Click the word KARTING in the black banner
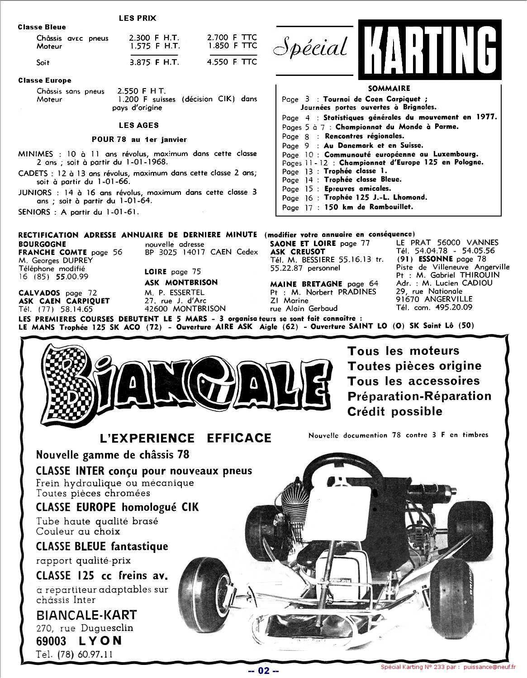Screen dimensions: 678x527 coord(429,49)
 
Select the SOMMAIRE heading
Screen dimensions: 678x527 coord(389,89)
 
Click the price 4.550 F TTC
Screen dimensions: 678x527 coord(232,62)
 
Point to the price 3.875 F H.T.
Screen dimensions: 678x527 coord(154,62)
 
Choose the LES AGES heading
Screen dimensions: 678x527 coord(139,125)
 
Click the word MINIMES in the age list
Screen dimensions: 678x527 coord(36,154)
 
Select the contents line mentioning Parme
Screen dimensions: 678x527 coord(370,127)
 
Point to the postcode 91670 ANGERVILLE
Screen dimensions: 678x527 coord(434,299)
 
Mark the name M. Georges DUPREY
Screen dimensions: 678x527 coord(56,260)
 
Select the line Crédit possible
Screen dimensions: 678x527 coord(394,412)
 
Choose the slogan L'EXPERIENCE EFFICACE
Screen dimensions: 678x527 coord(185,438)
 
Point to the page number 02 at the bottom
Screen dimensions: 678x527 coord(263,670)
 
